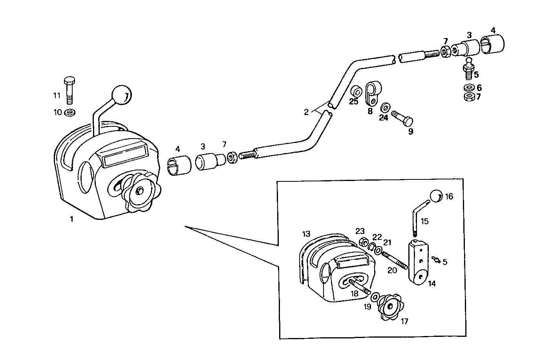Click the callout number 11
click(57, 95)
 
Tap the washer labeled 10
click(71, 113)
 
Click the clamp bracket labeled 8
click(371, 93)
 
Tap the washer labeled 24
click(386, 106)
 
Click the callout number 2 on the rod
click(306, 112)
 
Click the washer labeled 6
click(468, 88)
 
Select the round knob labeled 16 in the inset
click(436, 196)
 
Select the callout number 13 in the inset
click(306, 234)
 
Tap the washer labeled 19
click(375, 296)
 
